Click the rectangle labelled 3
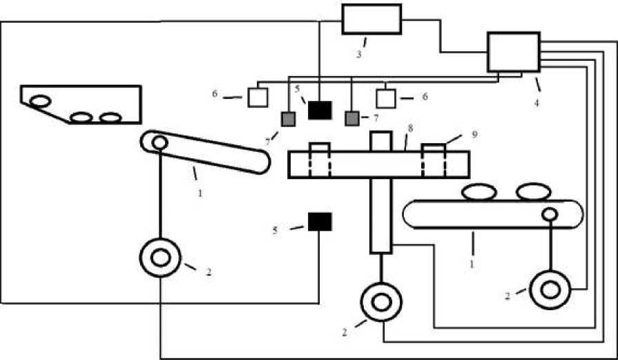[x=371, y=19]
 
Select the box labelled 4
[x=514, y=52]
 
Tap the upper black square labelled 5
[x=320, y=109]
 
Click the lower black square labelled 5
[x=320, y=221]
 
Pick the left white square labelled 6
[x=258, y=97]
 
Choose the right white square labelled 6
[x=386, y=98]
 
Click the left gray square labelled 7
[x=288, y=119]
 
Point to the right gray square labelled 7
[x=352, y=119]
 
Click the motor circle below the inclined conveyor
[x=160, y=258]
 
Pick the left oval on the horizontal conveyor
[x=480, y=192]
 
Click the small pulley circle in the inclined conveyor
[x=160, y=143]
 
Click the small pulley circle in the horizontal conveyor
[x=550, y=214]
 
